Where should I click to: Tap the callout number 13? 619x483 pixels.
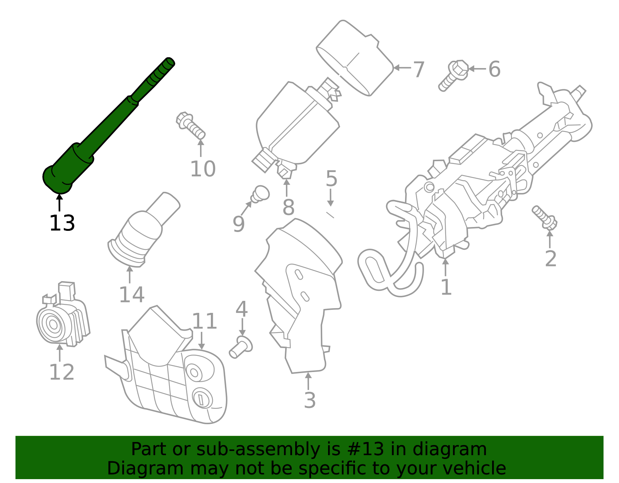click(62, 224)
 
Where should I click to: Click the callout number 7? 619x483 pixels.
click(419, 70)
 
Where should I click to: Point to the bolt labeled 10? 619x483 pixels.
click(190, 125)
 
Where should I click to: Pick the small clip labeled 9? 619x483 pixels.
click(260, 194)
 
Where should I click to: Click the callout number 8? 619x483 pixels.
click(288, 207)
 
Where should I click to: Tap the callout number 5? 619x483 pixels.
click(331, 178)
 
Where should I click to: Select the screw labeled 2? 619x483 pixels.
click(545, 217)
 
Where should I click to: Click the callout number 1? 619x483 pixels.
click(446, 287)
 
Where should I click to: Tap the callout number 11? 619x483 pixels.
click(205, 321)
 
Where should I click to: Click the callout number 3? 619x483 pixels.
click(309, 400)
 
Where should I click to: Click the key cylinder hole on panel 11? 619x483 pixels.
click(202, 398)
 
